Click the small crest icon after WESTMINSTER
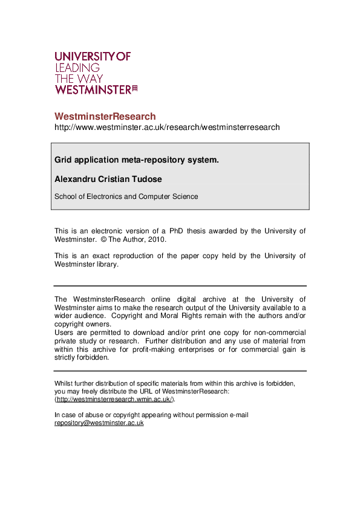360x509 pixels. click(x=135, y=89)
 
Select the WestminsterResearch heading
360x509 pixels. click(x=105, y=116)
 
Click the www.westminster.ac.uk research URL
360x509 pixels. click(x=167, y=128)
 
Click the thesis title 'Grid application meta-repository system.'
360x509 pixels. click(x=136, y=160)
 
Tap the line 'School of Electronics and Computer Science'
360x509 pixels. click(x=126, y=196)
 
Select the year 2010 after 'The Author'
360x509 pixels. click(x=155, y=239)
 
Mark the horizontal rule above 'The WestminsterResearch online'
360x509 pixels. click(x=180, y=286)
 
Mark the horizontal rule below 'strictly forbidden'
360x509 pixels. click(x=180, y=371)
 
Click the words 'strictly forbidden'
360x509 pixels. click(x=81, y=357)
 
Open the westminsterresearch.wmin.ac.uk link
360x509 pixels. click(x=114, y=400)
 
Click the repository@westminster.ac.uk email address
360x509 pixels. click(x=99, y=423)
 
